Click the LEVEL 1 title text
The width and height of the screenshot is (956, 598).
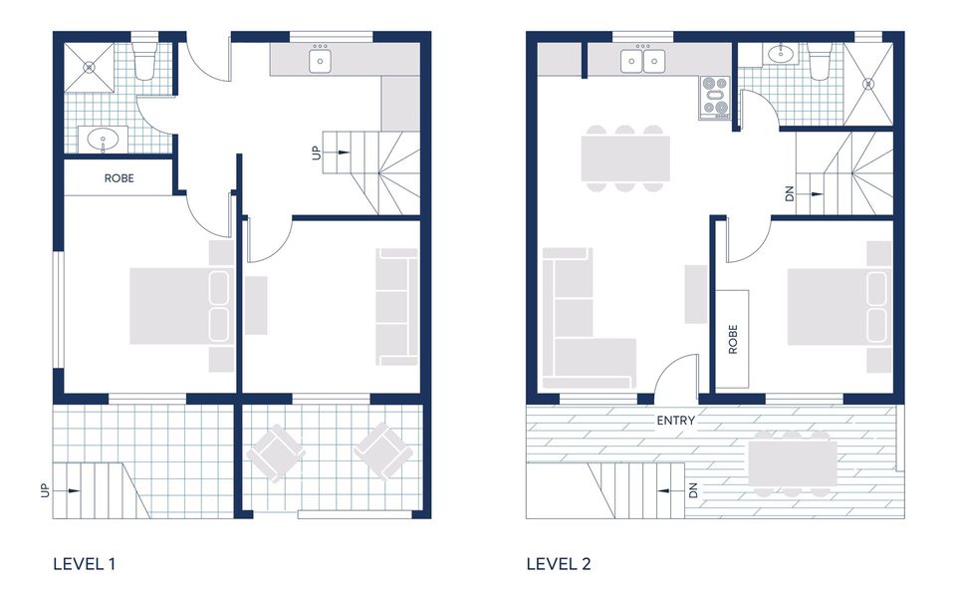(x=85, y=564)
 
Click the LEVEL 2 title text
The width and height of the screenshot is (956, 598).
(x=559, y=564)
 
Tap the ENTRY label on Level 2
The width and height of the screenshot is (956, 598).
(x=675, y=421)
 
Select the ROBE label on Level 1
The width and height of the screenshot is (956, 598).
(x=119, y=179)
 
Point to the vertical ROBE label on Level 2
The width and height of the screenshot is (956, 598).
(x=733, y=339)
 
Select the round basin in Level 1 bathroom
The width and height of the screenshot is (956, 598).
(x=100, y=139)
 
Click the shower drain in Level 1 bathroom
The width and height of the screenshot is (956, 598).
(x=89, y=69)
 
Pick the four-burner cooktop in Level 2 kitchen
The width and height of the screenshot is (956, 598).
(x=715, y=97)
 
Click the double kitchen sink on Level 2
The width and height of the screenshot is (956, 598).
(x=642, y=62)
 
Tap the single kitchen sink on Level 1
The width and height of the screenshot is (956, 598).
(x=320, y=62)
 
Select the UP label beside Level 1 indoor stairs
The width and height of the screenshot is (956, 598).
(x=317, y=152)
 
